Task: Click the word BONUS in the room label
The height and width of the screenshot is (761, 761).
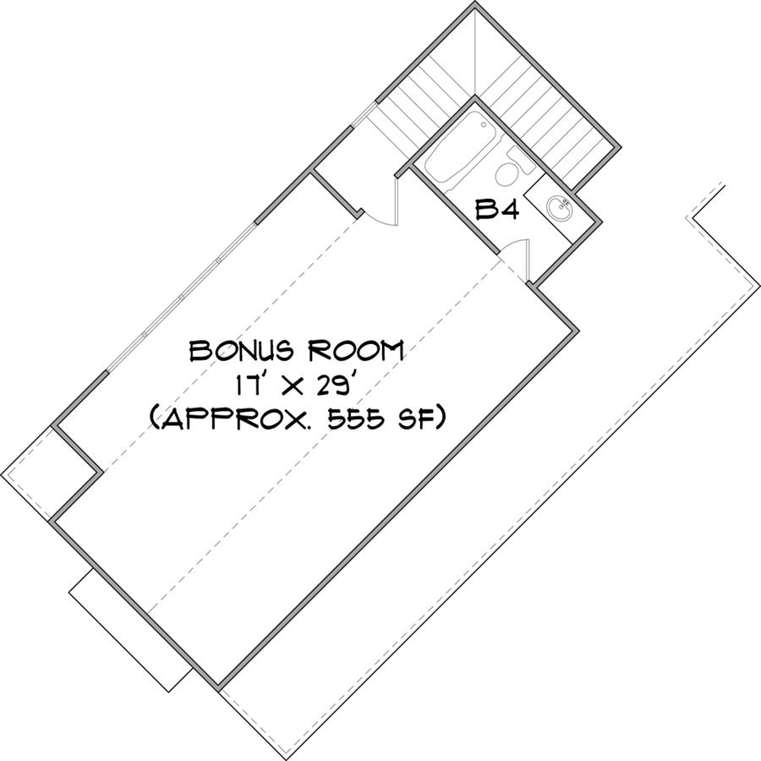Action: (x=241, y=350)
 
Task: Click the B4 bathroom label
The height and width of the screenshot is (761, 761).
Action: (x=497, y=210)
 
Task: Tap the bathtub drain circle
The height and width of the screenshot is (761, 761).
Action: (x=484, y=125)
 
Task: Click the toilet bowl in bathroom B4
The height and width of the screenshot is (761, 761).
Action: (x=506, y=174)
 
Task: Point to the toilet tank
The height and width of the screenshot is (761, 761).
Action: (x=521, y=160)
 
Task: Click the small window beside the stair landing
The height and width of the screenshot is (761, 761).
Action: (x=364, y=115)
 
